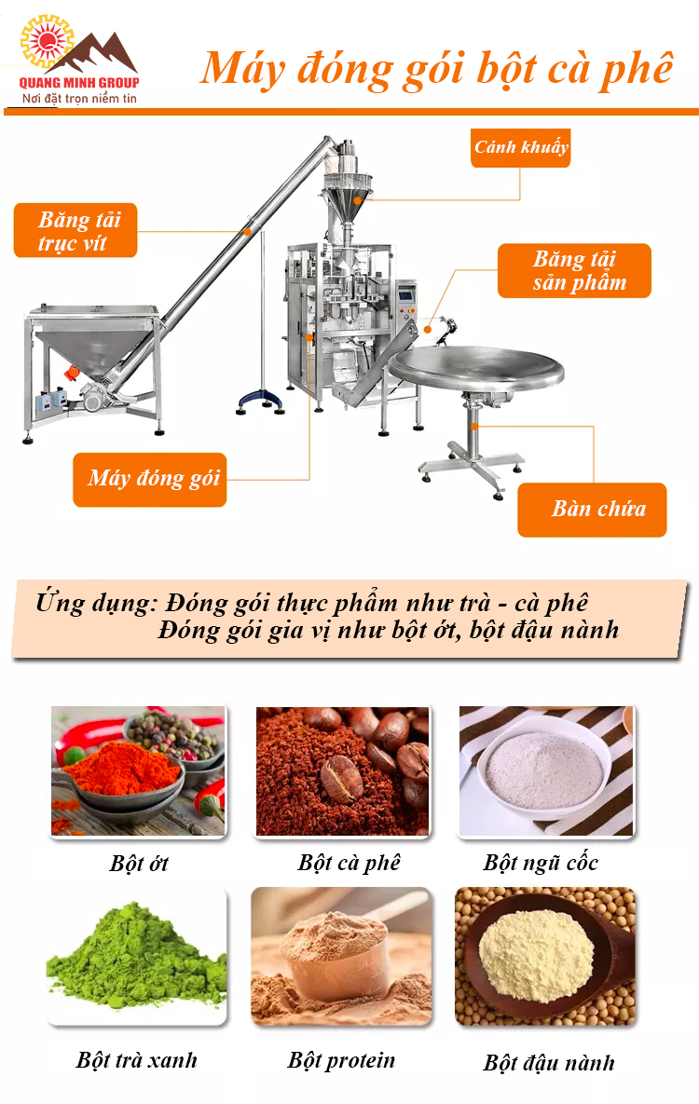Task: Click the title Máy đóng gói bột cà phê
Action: (x=436, y=68)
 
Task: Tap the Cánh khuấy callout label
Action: (x=520, y=147)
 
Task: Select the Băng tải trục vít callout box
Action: (x=75, y=231)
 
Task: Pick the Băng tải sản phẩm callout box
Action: (x=574, y=271)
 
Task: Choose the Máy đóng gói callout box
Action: (x=150, y=479)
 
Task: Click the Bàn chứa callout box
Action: (x=592, y=509)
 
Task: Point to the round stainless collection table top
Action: (x=477, y=369)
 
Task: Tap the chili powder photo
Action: (x=138, y=771)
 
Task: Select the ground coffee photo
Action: (x=342, y=771)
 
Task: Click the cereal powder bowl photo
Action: (x=546, y=771)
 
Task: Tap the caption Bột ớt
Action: (x=139, y=863)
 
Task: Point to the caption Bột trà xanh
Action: (x=137, y=1060)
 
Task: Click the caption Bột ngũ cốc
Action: (x=541, y=862)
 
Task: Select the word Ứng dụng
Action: (x=95, y=603)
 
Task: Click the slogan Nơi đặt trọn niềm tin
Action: (x=80, y=98)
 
